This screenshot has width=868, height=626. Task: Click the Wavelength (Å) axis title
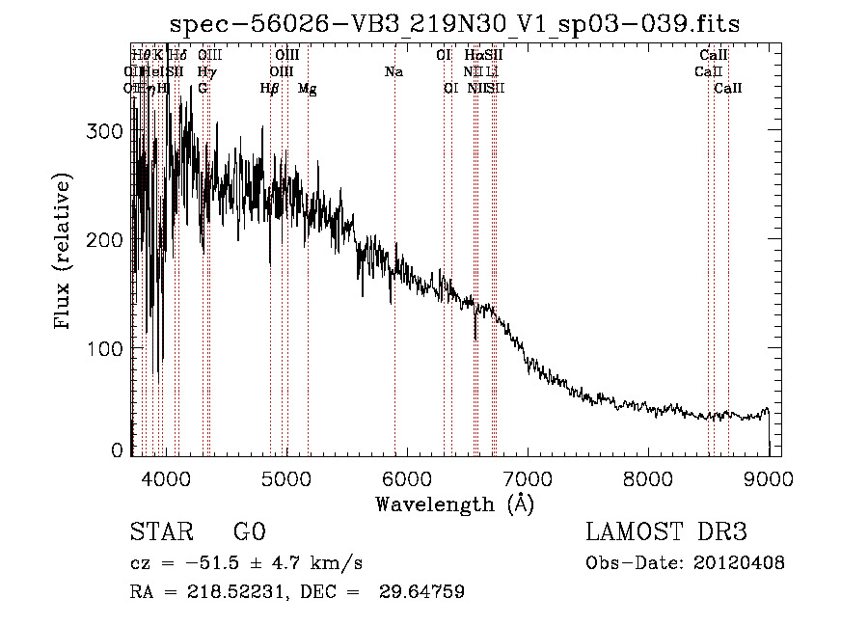[454, 504]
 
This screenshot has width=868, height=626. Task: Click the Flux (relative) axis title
[65, 253]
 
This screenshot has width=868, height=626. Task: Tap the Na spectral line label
[393, 72]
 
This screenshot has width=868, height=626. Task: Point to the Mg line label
[307, 89]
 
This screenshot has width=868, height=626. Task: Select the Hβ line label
[269, 89]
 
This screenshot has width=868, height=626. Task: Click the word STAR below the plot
[160, 532]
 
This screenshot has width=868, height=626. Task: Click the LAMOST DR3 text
[666, 532]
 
